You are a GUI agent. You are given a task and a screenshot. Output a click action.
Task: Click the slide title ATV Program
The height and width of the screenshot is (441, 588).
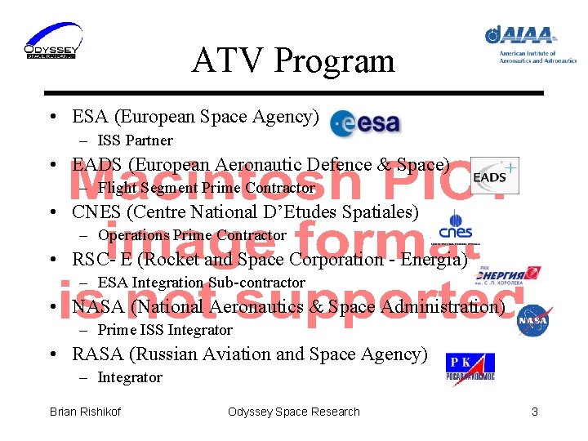pos(293,60)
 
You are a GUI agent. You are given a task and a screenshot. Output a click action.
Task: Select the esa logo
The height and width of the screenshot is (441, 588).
pos(365,122)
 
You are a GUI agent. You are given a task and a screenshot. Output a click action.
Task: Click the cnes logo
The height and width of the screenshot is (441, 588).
pos(455,226)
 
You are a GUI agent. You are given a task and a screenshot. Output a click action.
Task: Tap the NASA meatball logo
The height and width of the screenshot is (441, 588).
pos(532,320)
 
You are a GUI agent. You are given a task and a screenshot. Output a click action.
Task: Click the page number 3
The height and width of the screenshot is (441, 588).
pos(535,412)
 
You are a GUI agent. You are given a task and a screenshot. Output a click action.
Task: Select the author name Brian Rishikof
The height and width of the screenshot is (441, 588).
pos(85,412)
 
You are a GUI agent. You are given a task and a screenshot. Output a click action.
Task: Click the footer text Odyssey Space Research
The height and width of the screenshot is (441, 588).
pos(293,412)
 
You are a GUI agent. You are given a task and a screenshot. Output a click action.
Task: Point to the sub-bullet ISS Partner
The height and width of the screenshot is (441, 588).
pos(135,140)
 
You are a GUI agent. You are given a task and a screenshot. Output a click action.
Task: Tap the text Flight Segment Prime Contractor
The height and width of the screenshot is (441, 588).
pos(206,188)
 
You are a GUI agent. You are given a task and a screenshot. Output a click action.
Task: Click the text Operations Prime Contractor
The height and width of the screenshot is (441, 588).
pos(192,235)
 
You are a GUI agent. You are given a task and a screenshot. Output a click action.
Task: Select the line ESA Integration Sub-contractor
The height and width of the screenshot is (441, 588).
pos(201,283)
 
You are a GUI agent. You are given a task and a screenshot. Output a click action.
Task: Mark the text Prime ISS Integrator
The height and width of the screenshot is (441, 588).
pos(165,330)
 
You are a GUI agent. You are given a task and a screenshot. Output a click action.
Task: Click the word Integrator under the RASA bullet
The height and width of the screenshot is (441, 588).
pos(130,377)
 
